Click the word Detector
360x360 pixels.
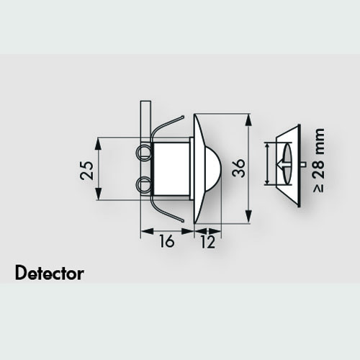50,273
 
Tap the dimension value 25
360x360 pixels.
86,171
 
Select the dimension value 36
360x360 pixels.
239,168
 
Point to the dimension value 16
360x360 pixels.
166,241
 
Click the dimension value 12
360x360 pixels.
207,242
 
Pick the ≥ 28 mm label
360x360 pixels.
319,160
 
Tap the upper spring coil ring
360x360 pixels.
143,152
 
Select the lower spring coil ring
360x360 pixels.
143,184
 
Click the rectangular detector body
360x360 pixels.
171,168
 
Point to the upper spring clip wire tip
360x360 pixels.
183,117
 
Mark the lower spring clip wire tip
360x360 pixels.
183,220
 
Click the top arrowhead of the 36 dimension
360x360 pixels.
249,121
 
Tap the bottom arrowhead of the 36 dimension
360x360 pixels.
249,217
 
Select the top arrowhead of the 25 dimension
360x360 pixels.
98,145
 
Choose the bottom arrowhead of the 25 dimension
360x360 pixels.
98,193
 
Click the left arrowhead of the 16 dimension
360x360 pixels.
147,232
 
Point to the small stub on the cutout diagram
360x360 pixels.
303,164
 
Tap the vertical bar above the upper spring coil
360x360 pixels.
145,123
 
